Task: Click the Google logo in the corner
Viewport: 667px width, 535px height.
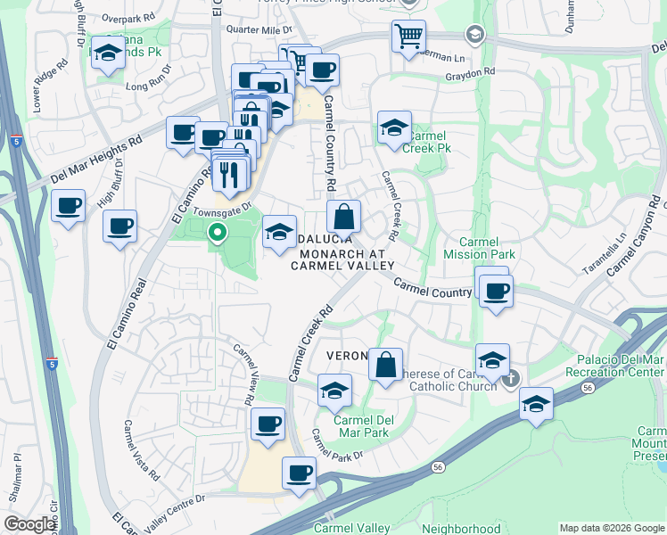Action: click(x=29, y=524)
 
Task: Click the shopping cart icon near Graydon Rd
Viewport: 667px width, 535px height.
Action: click(x=408, y=37)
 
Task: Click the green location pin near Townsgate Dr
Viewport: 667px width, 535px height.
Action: click(x=217, y=235)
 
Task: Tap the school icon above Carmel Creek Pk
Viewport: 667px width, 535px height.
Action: click(x=393, y=128)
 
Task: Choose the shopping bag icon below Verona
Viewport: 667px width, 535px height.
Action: click(x=385, y=365)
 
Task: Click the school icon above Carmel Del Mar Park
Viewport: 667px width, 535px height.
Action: click(x=334, y=390)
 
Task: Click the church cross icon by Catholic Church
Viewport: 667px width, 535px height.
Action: click(x=510, y=380)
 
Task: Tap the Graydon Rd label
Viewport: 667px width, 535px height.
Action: click(x=470, y=72)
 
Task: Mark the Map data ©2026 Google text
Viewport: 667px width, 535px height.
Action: click(x=612, y=528)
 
